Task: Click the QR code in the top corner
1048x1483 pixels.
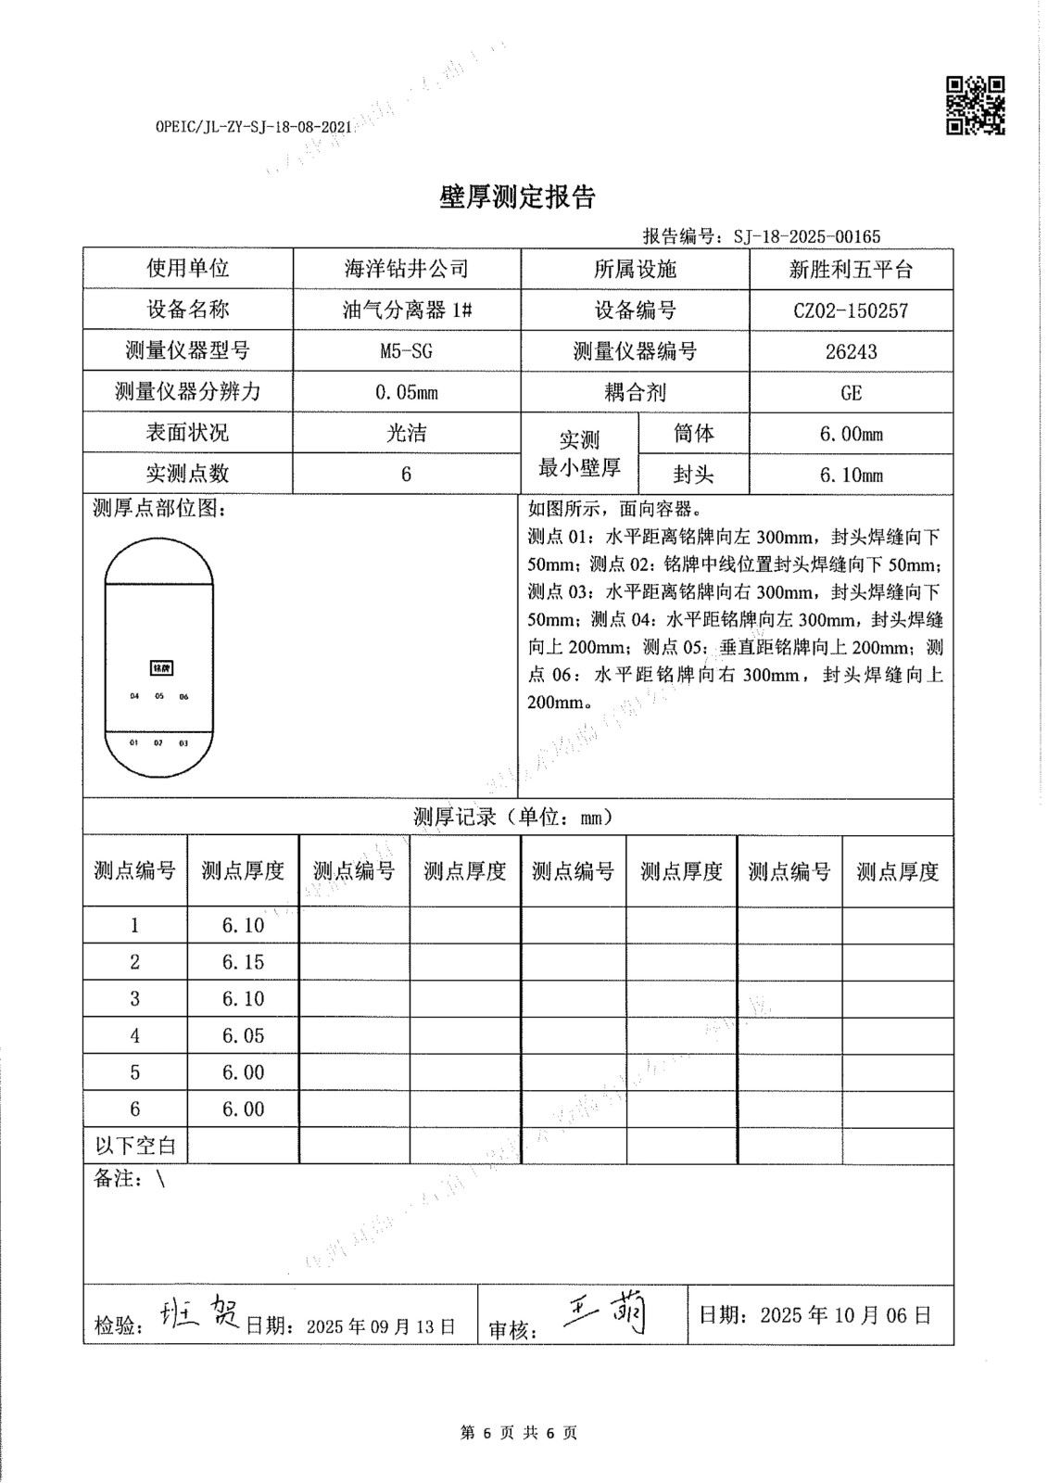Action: tap(975, 105)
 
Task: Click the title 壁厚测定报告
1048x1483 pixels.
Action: tap(517, 197)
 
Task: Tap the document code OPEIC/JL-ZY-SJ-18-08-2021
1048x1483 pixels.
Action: tap(254, 128)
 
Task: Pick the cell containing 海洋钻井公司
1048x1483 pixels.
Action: tap(406, 269)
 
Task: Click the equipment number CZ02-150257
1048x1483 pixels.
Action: tap(851, 311)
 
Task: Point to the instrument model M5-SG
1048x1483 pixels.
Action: tap(406, 351)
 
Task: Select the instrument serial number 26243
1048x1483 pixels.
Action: tap(851, 351)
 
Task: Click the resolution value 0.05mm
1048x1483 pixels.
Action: tap(406, 392)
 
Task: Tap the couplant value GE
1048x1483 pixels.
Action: tap(851, 392)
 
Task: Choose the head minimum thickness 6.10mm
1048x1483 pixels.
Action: tap(851, 475)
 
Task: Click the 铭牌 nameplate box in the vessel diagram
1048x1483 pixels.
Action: tap(161, 668)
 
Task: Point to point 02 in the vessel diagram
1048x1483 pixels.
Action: tap(158, 743)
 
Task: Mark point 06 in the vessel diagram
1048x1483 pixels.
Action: tap(183, 697)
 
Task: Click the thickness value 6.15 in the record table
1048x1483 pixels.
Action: tap(243, 962)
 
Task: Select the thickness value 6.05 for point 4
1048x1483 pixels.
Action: tap(243, 1035)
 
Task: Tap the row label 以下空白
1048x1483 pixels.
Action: tap(135, 1146)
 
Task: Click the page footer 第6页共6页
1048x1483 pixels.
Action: tap(518, 1433)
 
